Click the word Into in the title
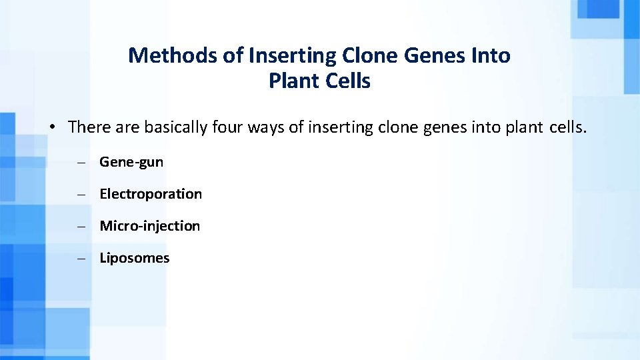[492, 55]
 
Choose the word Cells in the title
[347, 81]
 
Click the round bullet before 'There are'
[51, 127]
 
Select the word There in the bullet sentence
[86, 127]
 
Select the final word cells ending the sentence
[567, 127]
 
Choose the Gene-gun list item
[131, 162]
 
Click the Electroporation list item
[151, 194]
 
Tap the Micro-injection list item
[149, 226]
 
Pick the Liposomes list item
[135, 258]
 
